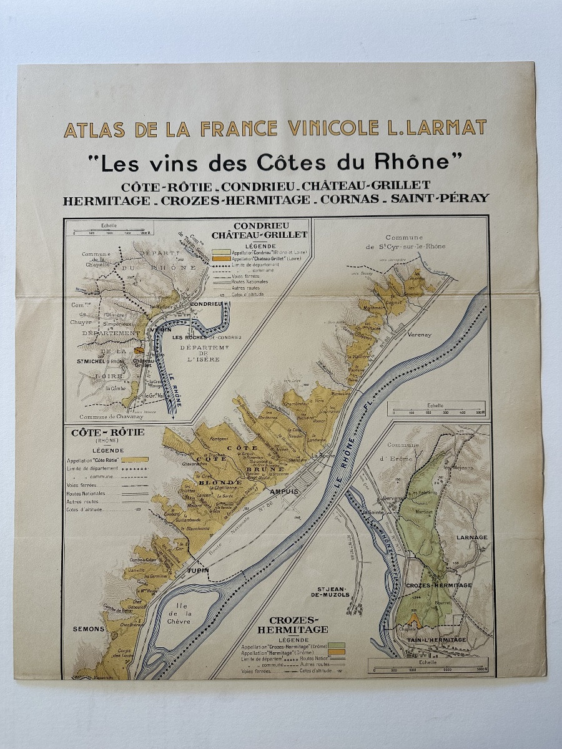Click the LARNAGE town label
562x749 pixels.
471,537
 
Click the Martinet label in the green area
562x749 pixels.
426,512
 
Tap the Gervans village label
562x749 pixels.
390,499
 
